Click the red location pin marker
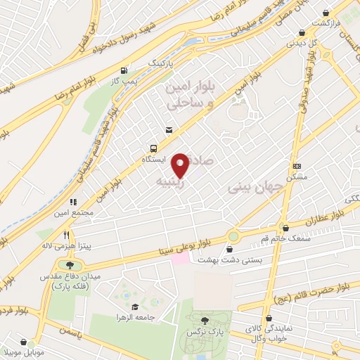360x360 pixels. click(x=181, y=165)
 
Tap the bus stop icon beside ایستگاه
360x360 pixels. click(x=153, y=149)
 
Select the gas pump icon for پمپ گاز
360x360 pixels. click(x=124, y=70)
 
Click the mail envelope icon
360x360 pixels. click(x=169, y=129)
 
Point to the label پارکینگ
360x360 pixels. click(x=159, y=63)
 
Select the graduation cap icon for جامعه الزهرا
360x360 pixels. click(x=134, y=307)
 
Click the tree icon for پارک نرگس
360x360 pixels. click(x=205, y=320)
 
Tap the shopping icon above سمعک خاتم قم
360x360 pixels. click(x=285, y=227)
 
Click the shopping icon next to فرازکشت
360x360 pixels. click(x=326, y=13)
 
